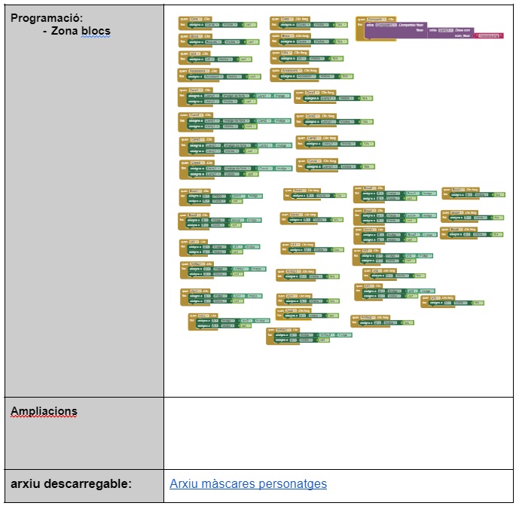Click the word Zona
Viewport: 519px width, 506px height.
(x=69, y=31)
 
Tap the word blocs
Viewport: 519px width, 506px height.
(x=98, y=31)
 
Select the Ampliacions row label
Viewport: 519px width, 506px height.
(x=44, y=411)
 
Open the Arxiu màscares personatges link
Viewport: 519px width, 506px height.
(x=248, y=483)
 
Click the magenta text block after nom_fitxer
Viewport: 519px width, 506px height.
(x=489, y=35)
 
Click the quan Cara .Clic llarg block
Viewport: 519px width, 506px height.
(x=291, y=18)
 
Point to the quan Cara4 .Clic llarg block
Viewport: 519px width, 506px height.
(x=316, y=160)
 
